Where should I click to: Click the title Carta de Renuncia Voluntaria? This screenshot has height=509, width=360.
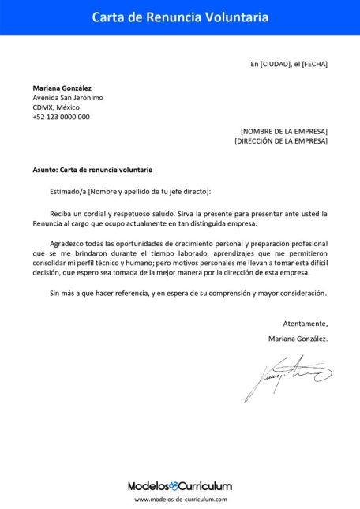(180, 17)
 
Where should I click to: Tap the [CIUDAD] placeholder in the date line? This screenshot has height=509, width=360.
(276, 64)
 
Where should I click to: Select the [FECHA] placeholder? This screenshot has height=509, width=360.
(314, 64)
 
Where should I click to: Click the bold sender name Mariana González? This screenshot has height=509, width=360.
(62, 88)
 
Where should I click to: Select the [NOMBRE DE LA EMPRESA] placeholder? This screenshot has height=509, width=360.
(283, 131)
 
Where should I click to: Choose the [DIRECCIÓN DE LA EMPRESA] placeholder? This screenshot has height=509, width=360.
(281, 140)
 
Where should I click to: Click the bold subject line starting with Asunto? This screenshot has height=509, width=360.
(92, 170)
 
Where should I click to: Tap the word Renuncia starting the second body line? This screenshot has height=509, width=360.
(47, 223)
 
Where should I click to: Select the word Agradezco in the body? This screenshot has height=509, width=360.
(66, 245)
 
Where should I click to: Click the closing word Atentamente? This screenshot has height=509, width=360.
(305, 324)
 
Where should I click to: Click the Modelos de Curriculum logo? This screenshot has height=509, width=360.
(180, 486)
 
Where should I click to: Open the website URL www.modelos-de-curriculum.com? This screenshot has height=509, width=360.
(180, 500)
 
